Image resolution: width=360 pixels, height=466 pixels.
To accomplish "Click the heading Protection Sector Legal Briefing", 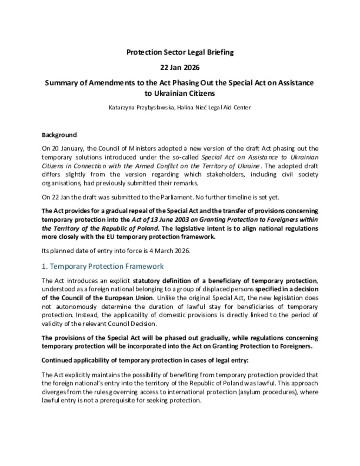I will coord(180,52).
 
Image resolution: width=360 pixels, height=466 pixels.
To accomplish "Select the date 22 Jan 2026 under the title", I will coord(180,68).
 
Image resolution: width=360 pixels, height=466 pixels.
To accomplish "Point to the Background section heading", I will coord(59,135).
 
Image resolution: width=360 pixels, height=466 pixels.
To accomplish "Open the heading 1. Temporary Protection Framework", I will coord(103,266).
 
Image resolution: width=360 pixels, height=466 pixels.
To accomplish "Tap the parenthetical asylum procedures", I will coord(268,392).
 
